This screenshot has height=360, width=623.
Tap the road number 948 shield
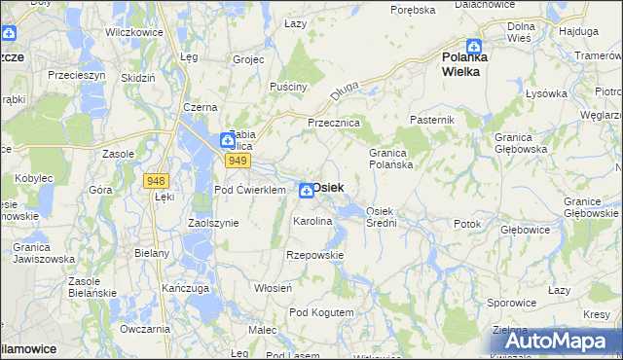click(x=155, y=181)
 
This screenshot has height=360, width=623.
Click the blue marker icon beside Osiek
click(x=306, y=190)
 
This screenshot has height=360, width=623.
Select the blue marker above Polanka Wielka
click(x=473, y=46)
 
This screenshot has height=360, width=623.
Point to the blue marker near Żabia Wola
click(x=226, y=140)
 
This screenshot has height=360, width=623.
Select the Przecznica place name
click(x=334, y=124)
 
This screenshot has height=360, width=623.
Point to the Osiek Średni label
click(x=381, y=217)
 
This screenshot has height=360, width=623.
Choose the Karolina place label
click(x=313, y=222)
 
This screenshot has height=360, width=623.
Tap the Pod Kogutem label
click(x=321, y=312)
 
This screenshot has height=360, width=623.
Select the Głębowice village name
click(x=526, y=231)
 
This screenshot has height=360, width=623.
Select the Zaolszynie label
click(x=211, y=223)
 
